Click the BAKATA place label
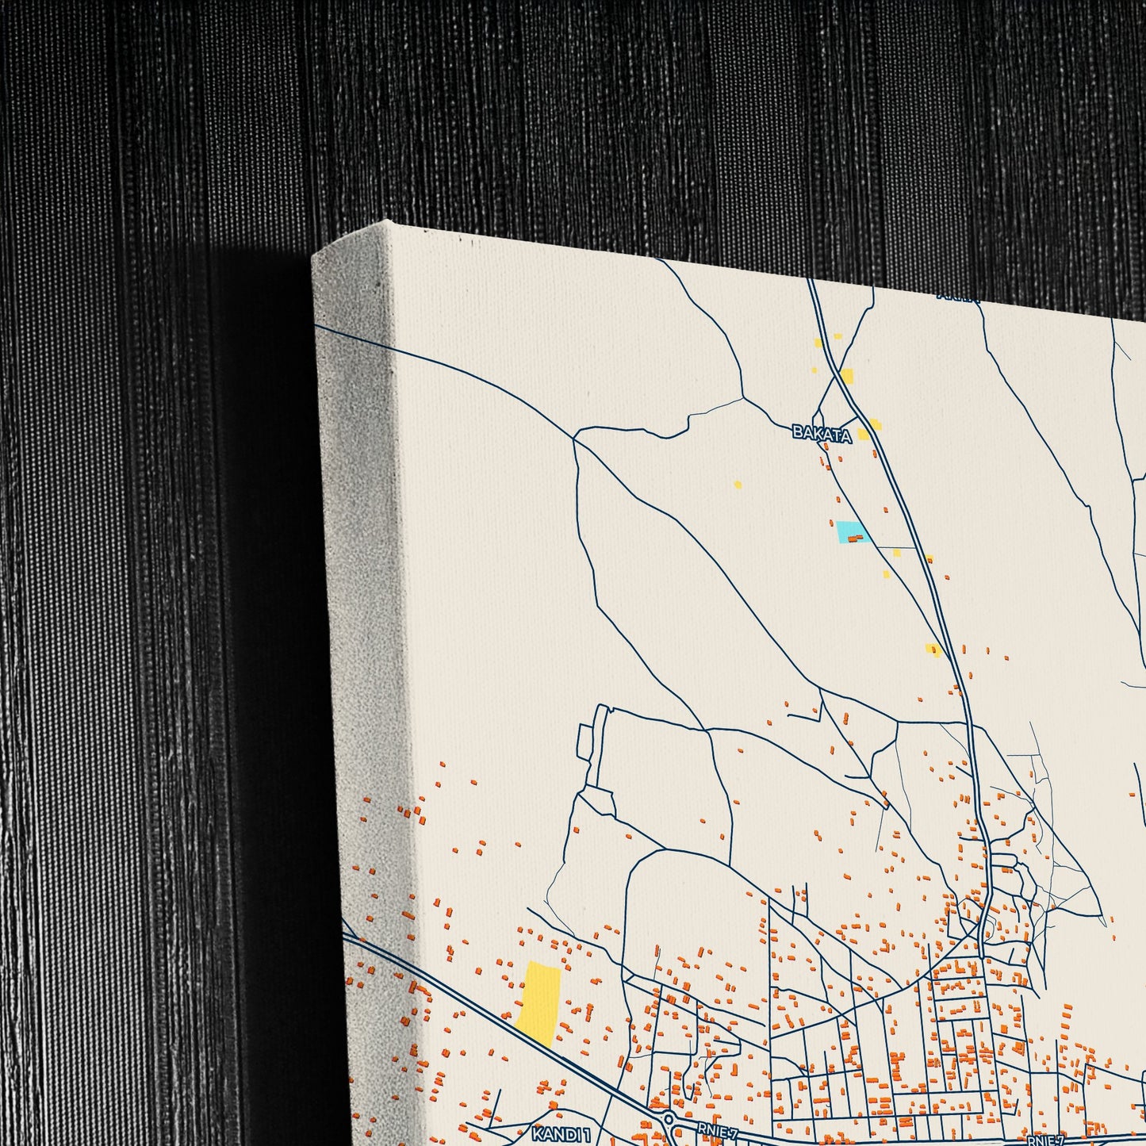coord(822,434)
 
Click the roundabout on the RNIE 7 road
coord(669,1119)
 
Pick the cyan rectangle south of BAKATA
coord(853,532)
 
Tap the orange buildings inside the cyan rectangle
coord(855,539)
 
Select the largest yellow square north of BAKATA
coord(847,375)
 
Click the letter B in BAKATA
coord(797,433)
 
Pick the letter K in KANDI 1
coord(537,1134)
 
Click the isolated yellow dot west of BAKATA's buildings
coord(738,485)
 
